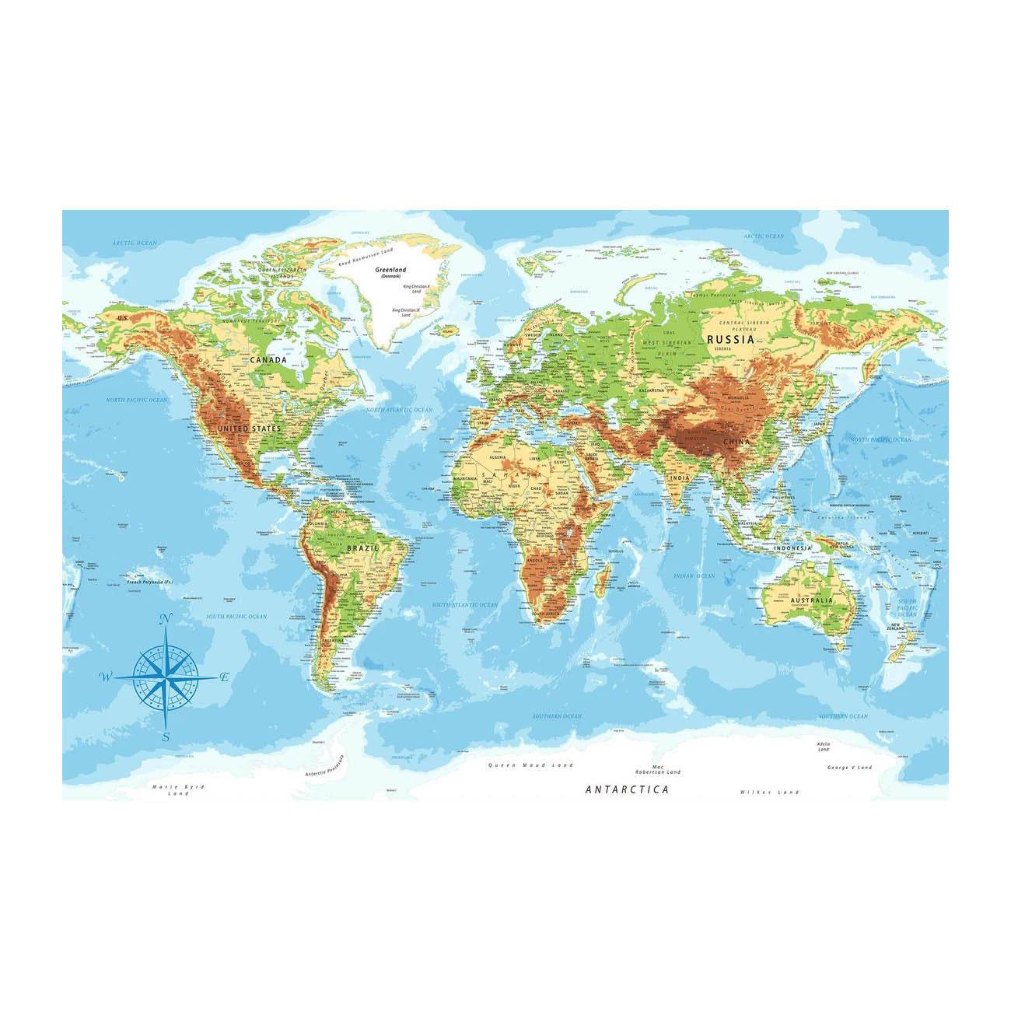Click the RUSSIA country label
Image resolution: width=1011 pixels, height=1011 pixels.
[730, 339]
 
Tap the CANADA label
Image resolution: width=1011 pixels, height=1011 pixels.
[268, 361]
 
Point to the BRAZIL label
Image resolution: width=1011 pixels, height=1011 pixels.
[363, 548]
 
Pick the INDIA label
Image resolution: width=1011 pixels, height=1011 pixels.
[679, 478]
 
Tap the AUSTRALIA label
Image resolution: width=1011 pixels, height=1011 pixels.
[811, 600]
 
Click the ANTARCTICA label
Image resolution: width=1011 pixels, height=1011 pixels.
[627, 789]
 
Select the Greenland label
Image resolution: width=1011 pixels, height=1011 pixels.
[387, 270]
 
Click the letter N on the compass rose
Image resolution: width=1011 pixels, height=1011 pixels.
[165, 620]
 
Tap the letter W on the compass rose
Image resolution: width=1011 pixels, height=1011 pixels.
[105, 677]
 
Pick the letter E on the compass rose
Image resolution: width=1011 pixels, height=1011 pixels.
[224, 677]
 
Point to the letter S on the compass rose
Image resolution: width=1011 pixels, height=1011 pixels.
[166, 736]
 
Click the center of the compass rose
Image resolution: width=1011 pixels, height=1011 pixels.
[165, 677]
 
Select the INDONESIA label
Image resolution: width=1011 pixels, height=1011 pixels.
[792, 548]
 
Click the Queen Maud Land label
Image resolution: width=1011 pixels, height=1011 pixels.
[530, 765]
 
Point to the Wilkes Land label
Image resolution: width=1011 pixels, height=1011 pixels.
[769, 792]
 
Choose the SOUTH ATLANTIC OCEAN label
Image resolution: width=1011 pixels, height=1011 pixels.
[465, 604]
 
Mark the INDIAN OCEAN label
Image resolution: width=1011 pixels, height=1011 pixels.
[694, 576]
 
